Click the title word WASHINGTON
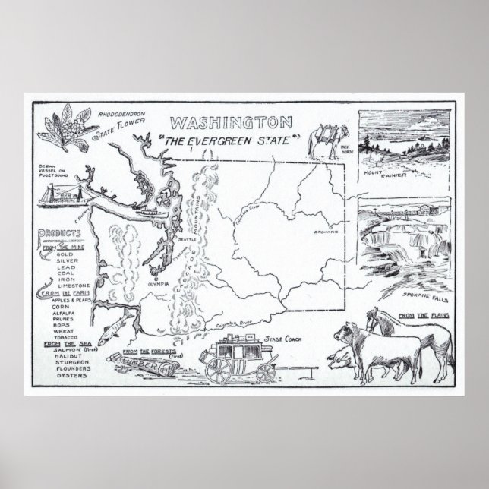[x=229, y=122]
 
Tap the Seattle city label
[x=186, y=239]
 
